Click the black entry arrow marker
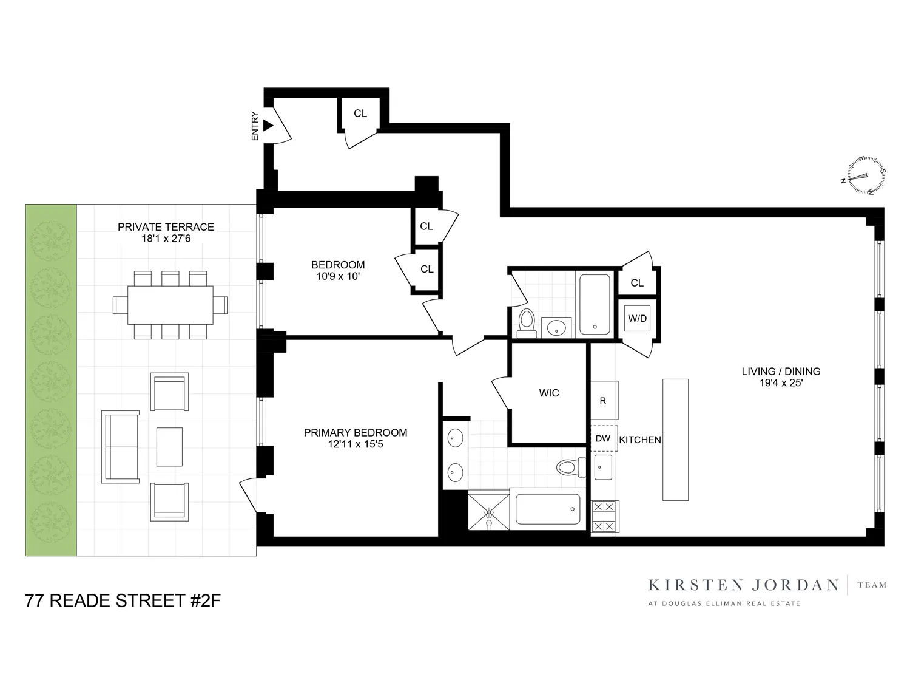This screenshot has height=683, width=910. [x=268, y=126]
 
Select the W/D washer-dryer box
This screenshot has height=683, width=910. [x=637, y=318]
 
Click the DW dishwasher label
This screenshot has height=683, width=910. [x=602, y=438]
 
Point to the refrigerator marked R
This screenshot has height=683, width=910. [x=603, y=400]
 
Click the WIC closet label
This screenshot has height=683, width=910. [x=548, y=393]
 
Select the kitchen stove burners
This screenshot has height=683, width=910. [x=604, y=516]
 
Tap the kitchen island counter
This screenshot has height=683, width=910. [x=675, y=440]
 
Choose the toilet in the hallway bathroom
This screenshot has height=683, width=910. [x=526, y=323]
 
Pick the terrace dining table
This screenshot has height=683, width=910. [x=170, y=305]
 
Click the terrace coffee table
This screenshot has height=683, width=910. [x=169, y=446]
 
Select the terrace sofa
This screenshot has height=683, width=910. [x=120, y=447]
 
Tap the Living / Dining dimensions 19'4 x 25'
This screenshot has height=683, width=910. [x=781, y=383]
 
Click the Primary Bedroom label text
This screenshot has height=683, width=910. [x=355, y=432]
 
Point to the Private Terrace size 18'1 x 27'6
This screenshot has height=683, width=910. [x=166, y=239]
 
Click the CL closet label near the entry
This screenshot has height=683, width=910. [x=360, y=114]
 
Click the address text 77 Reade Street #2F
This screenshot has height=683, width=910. [x=123, y=601]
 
